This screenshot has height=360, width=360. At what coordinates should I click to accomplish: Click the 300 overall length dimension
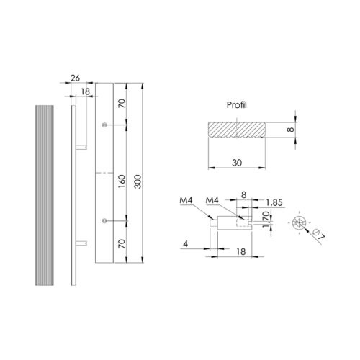[x=138, y=181]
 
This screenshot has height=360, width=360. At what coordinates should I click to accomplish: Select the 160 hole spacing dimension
[x=122, y=181]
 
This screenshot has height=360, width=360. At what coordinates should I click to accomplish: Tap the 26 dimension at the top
[x=75, y=78]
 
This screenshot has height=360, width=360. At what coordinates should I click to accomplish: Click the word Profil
[x=237, y=105]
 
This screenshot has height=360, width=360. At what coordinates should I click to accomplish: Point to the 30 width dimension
[x=237, y=163]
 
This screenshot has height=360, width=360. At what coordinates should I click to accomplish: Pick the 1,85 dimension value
[x=274, y=203]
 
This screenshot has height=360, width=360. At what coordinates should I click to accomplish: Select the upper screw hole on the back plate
[x=104, y=125]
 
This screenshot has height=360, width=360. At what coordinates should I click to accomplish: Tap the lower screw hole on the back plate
[x=104, y=220]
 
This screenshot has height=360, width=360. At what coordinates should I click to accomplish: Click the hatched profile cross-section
[x=237, y=130]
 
